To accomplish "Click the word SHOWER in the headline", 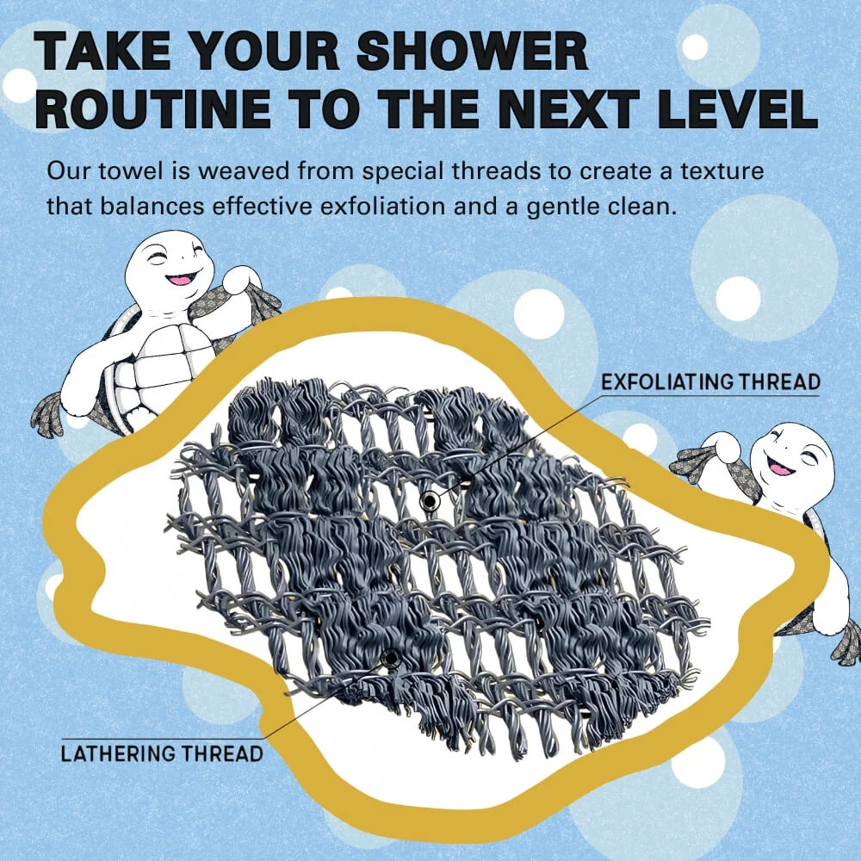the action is tap(472, 50).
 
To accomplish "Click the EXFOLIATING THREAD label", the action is tap(710, 381).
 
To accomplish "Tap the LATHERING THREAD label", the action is tap(162, 753).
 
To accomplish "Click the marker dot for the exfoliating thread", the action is tap(428, 501).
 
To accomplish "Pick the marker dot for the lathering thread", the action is tap(391, 658).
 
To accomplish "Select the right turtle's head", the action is tap(791, 460).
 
